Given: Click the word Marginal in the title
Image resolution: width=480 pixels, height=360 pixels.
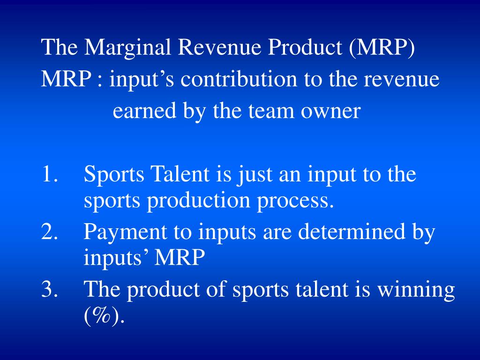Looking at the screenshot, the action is click(x=127, y=47).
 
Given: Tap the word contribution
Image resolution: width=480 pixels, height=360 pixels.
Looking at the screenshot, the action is click(x=239, y=79).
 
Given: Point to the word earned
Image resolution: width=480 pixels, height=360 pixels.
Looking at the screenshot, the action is click(x=144, y=111).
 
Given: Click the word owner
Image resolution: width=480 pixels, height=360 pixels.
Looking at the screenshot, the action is click(x=330, y=111).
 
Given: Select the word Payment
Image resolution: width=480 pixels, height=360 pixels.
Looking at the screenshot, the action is click(x=125, y=232).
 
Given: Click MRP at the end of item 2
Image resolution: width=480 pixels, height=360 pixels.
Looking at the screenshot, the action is click(x=180, y=257).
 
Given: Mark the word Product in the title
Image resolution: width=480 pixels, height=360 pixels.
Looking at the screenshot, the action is click(x=305, y=47).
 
